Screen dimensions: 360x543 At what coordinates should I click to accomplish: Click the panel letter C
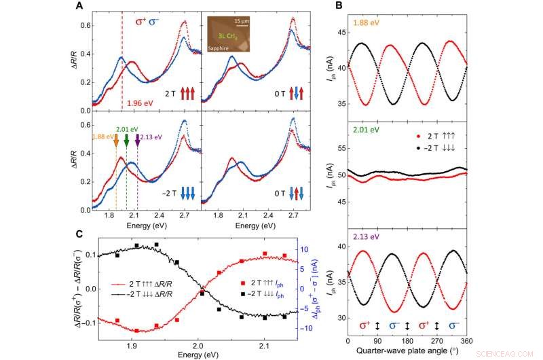(x=79, y=234)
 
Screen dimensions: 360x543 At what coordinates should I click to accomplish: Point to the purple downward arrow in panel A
(x=138, y=141)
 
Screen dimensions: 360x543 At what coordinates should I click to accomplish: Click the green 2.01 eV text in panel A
(x=126, y=129)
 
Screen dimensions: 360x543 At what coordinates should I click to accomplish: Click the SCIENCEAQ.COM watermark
(x=516, y=353)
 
